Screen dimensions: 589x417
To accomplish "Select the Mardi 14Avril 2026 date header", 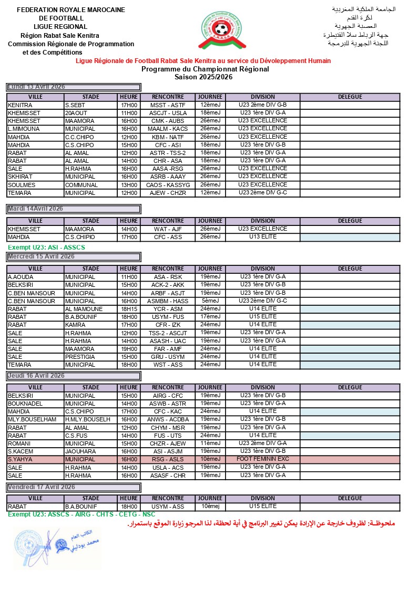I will (x=74, y=209).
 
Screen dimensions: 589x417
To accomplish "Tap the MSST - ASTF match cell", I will (x=168, y=105).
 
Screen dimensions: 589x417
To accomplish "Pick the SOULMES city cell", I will (x=35, y=185).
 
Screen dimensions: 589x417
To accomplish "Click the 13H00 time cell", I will (x=128, y=185).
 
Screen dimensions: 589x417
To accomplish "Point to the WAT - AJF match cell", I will (x=168, y=230).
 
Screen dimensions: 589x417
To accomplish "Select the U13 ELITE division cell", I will (x=262, y=237).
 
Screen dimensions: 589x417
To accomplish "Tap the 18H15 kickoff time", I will (x=128, y=309).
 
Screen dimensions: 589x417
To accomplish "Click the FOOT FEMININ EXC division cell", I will (x=262, y=459).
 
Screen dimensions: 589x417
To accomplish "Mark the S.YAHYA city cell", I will (x=35, y=459).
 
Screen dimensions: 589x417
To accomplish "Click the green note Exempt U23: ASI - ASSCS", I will (x=46, y=247).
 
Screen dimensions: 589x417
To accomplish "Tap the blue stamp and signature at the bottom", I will (x=57, y=547).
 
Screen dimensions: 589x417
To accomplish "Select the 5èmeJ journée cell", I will (x=210, y=301).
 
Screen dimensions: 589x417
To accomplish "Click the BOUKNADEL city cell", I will (x=35, y=404).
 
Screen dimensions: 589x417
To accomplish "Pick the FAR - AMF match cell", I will (x=168, y=349).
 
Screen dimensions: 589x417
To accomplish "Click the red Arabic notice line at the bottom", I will (x=261, y=524).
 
